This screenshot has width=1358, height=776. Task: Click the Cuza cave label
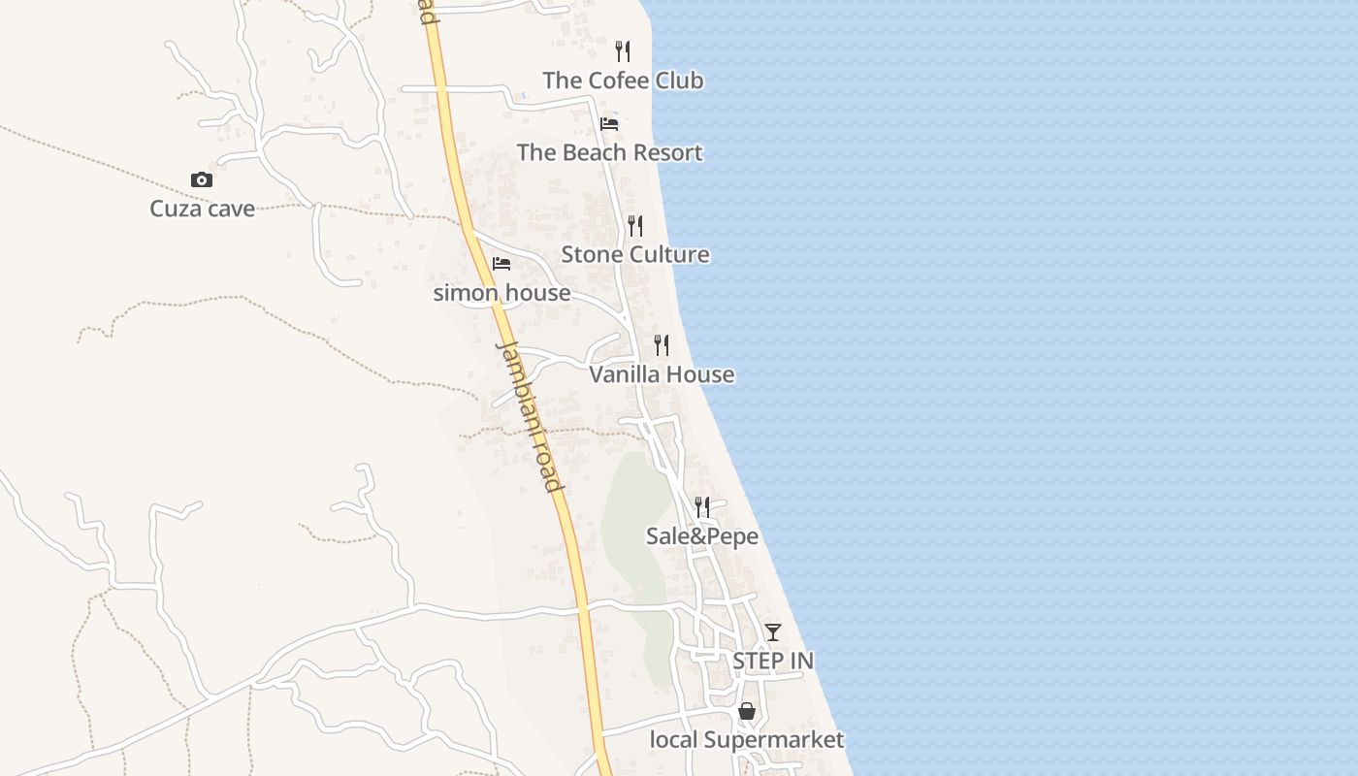click(x=202, y=209)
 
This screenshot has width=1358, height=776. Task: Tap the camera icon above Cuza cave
click(x=202, y=179)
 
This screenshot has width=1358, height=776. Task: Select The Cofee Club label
click(x=623, y=81)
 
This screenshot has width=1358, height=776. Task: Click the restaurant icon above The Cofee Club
click(x=623, y=50)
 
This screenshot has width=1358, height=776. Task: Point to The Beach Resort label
click(x=609, y=152)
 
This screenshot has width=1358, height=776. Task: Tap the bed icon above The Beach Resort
click(x=609, y=123)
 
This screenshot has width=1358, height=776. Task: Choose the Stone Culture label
click(x=635, y=254)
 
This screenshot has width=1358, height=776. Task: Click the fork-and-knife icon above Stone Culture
click(x=635, y=225)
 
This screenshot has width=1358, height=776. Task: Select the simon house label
click(x=501, y=292)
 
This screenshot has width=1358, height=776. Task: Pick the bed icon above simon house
click(x=501, y=263)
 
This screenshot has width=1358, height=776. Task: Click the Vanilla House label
click(x=662, y=374)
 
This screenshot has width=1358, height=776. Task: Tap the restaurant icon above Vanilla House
click(x=662, y=344)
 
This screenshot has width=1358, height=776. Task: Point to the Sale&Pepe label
click(x=702, y=536)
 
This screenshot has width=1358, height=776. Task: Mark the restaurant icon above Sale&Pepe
click(x=702, y=506)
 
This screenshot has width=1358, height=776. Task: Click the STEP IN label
click(x=773, y=661)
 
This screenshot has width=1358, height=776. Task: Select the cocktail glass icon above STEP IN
click(x=773, y=632)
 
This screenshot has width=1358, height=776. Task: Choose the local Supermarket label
click(x=747, y=740)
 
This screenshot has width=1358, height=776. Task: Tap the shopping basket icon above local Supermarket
click(x=747, y=711)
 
